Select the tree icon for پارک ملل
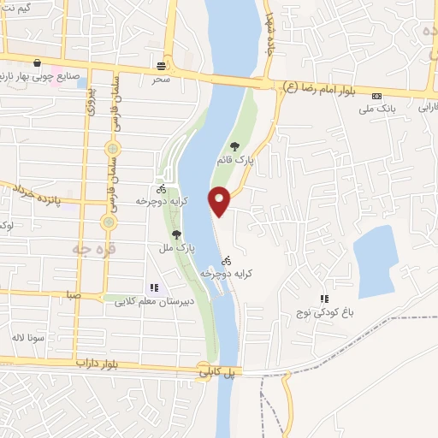[x=177, y=234]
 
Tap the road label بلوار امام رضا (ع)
[x=324, y=86]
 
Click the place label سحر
[x=162, y=79]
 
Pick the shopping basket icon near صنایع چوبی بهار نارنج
[x=38, y=62]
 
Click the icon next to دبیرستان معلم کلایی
[x=154, y=288]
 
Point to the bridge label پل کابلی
[x=217, y=374]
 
